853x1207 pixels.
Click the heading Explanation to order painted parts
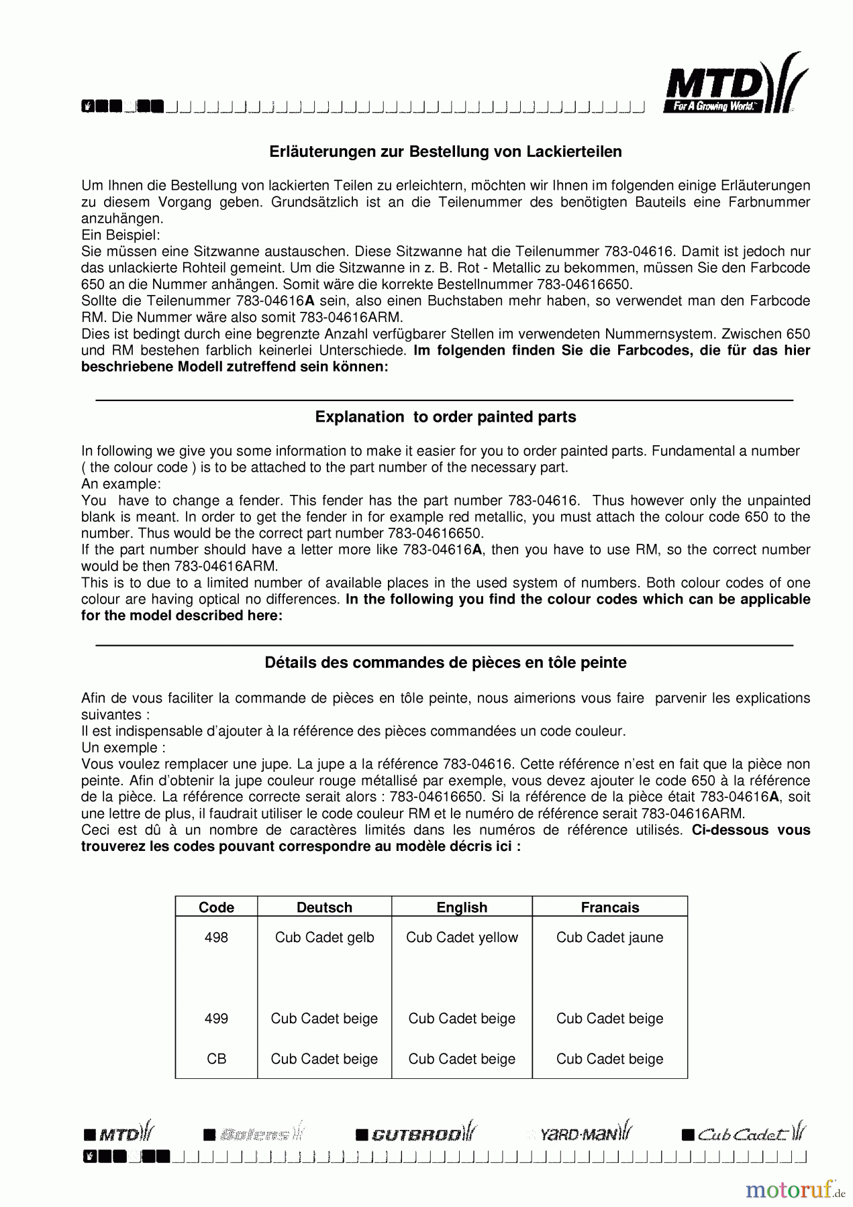tap(446, 417)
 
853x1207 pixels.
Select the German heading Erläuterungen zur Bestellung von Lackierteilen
tap(446, 152)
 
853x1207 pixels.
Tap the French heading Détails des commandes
tap(446, 663)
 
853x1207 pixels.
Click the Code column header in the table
tap(216, 907)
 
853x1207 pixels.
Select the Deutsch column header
tap(324, 907)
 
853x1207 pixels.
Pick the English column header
tap(462, 907)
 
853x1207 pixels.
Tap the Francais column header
tap(609, 907)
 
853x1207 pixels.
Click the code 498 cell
tap(216, 937)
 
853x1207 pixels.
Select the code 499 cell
tap(216, 1019)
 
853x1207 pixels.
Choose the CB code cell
tap(216, 1059)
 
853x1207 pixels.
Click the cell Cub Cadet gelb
tap(324, 937)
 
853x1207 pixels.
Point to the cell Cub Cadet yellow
tap(462, 937)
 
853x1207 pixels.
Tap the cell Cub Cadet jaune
tap(609, 937)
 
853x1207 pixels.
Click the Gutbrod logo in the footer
tap(416, 1134)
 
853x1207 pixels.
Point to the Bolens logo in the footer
tap(254, 1134)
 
